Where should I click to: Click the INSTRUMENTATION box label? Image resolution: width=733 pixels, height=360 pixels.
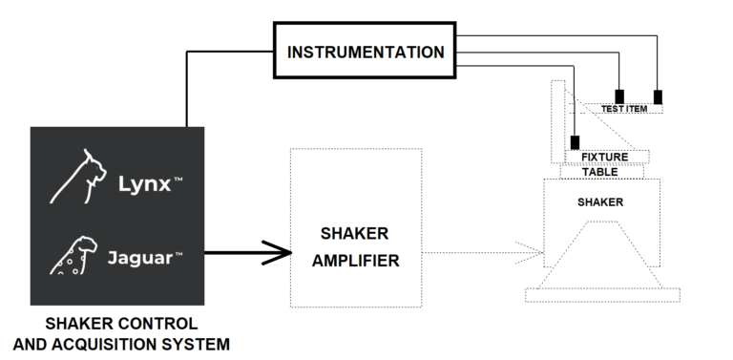366,52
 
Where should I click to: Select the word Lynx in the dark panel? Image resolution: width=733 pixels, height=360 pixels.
144,184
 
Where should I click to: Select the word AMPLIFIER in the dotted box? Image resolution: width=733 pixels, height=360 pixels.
355,260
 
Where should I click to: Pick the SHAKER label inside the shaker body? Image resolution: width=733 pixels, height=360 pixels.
600,202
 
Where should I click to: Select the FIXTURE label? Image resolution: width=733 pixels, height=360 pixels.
604,158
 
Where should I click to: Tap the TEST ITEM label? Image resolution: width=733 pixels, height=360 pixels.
624,109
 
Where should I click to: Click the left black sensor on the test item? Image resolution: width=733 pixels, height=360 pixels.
620,96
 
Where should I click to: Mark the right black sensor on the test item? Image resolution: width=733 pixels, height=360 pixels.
658,96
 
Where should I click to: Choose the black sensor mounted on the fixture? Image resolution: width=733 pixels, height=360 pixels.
575,143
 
